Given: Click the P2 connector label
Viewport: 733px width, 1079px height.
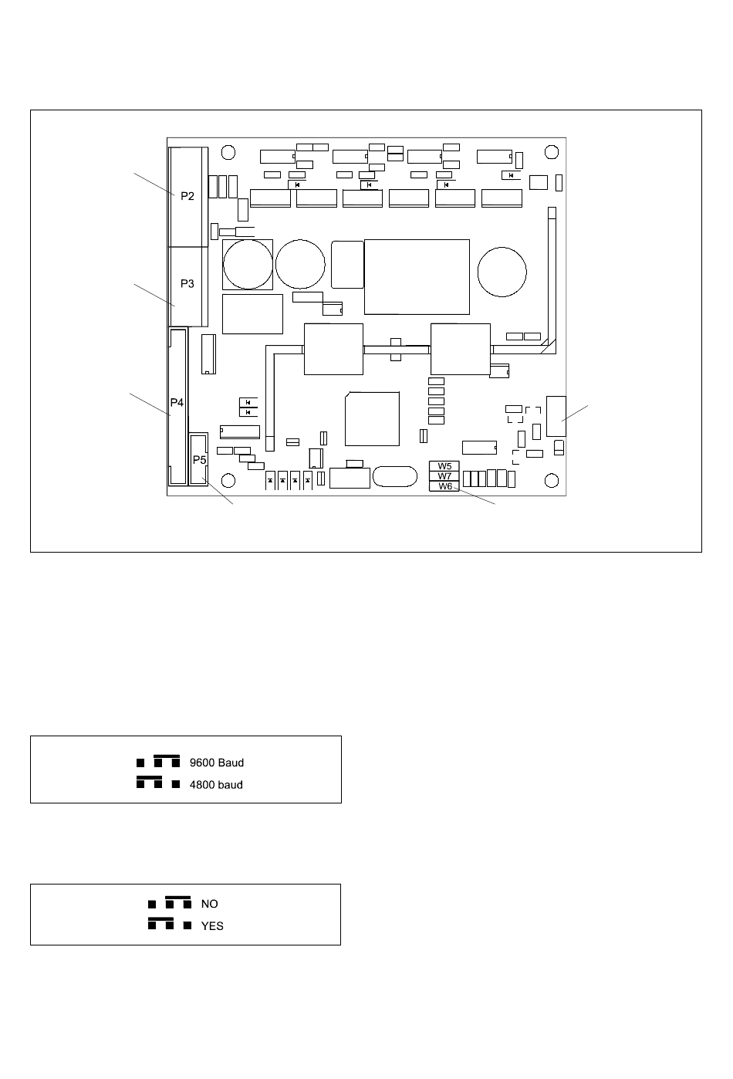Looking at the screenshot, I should [x=187, y=196].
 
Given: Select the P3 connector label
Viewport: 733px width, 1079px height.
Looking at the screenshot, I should [x=187, y=283].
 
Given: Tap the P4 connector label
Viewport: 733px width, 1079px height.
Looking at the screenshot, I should [x=177, y=403].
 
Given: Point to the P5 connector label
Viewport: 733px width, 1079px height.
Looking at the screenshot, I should [x=200, y=459].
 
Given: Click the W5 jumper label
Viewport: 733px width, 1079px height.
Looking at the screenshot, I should [x=444, y=466].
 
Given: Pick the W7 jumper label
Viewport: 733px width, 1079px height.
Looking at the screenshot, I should [x=444, y=476].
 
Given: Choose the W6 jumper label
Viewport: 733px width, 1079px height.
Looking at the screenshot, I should [x=444, y=486].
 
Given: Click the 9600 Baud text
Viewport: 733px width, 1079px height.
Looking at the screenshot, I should [x=216, y=763].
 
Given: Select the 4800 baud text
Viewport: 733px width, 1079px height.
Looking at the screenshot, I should [x=216, y=785].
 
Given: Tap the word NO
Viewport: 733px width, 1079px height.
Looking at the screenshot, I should [x=209, y=904].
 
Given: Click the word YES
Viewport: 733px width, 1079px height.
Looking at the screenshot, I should [x=212, y=925].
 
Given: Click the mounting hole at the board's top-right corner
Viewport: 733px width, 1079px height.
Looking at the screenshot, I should [x=551, y=151].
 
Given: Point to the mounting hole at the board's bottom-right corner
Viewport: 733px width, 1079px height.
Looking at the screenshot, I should [x=551, y=481].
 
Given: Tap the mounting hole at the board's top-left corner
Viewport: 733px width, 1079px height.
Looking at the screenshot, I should [x=226, y=151].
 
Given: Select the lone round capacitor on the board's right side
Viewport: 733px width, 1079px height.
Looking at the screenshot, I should [x=502, y=271].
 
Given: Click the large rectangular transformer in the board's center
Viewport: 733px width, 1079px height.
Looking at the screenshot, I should [x=417, y=276].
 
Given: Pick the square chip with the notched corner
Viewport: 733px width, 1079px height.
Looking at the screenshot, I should [x=372, y=418].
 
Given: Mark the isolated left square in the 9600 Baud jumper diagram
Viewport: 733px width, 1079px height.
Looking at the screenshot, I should [x=140, y=763].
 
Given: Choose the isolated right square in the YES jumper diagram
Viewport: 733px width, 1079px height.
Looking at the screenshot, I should [x=187, y=925].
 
